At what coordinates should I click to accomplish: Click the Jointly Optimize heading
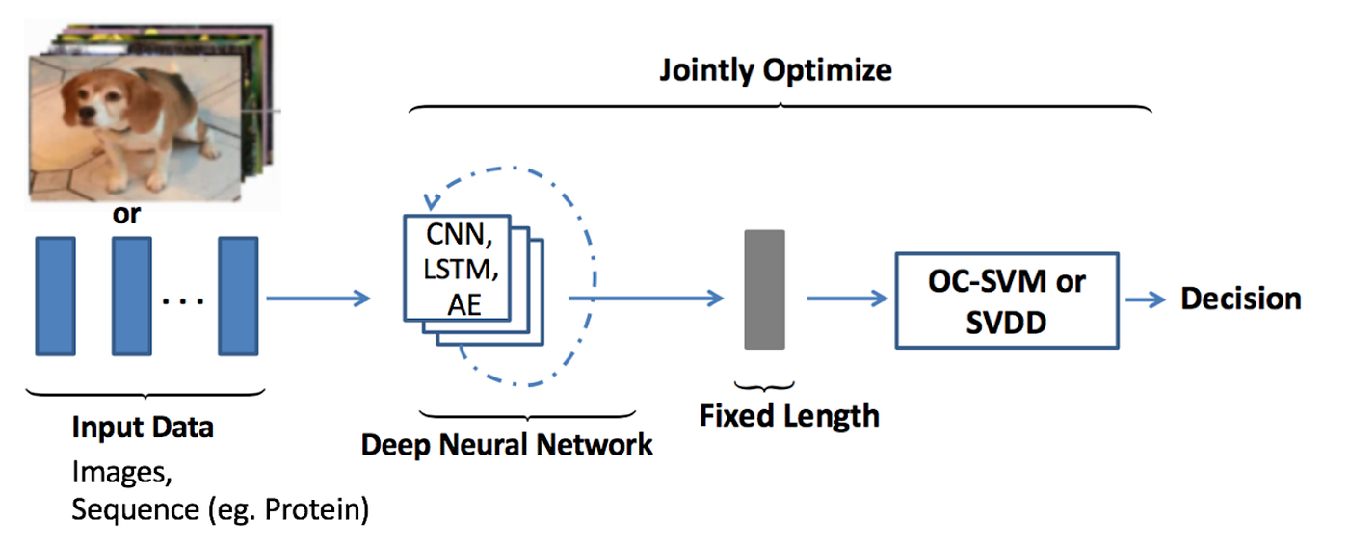point(775,70)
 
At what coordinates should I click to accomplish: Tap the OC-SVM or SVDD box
point(1007,299)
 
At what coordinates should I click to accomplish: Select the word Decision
point(1241,299)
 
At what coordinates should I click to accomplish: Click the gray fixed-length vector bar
point(764,289)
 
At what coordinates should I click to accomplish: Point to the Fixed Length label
point(789,415)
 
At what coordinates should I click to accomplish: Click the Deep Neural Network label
point(507,445)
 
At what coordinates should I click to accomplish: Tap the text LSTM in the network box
point(461,272)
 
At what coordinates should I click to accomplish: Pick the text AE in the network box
point(463,305)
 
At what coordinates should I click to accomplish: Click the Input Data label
point(143,427)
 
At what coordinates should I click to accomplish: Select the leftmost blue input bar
point(55,297)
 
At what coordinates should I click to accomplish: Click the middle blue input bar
point(132,297)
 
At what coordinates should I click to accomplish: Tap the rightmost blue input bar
point(237,297)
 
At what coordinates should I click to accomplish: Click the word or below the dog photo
point(126,215)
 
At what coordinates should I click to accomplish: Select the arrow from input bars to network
point(319,299)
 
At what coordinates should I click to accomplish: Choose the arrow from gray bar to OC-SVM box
point(846,299)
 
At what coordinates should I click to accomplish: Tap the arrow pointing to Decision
point(1147,299)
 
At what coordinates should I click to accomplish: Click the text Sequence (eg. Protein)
point(220,508)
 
